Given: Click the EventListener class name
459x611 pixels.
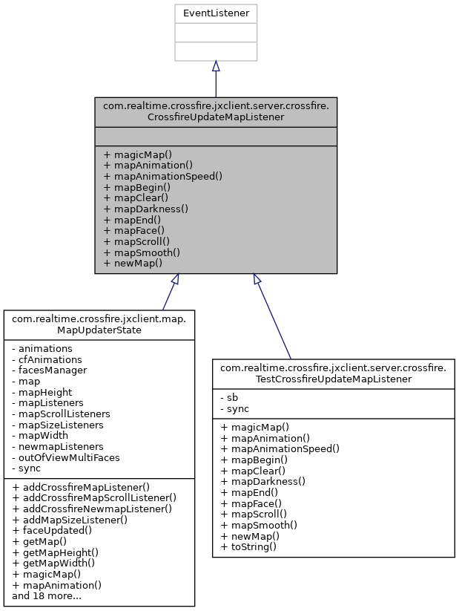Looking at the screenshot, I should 215,13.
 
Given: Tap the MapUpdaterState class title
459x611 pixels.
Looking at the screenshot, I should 99,324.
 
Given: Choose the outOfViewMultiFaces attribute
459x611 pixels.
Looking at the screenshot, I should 64,458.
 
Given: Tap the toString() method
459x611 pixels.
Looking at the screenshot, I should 249,546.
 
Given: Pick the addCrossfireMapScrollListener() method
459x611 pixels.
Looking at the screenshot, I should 94,497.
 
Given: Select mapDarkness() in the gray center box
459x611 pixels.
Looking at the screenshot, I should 146,209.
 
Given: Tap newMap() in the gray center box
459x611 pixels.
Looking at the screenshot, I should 133,263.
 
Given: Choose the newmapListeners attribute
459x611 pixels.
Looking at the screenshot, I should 57,447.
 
